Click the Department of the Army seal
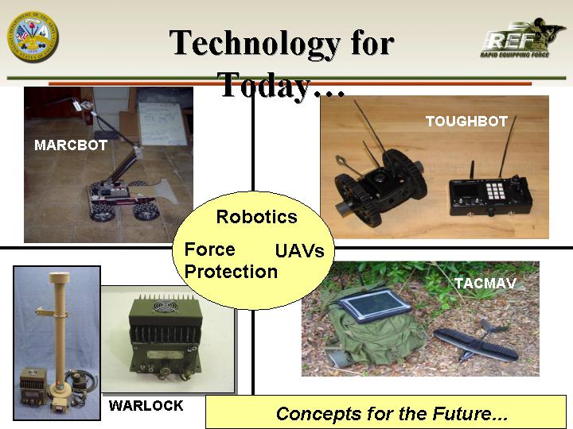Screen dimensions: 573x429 pyautogui.click(x=33, y=37)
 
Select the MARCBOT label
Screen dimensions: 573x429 pyautogui.click(x=71, y=145)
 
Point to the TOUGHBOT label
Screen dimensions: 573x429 pyautogui.click(x=466, y=121)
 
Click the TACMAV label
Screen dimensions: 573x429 pyautogui.click(x=485, y=283)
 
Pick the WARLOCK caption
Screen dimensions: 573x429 pyautogui.click(x=146, y=405)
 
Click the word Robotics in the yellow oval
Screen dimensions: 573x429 pyautogui.click(x=256, y=217)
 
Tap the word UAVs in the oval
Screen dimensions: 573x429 pyautogui.click(x=299, y=251)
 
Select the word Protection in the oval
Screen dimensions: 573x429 pyautogui.click(x=231, y=272)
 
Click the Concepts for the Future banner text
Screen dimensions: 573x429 pyautogui.click(x=392, y=414)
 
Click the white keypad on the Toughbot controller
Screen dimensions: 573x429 pyautogui.click(x=495, y=190)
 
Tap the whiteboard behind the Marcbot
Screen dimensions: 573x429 pyautogui.click(x=162, y=124)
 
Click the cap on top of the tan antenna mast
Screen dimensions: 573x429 pyautogui.click(x=59, y=277)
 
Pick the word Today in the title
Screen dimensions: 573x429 pyautogui.click(x=265, y=85)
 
